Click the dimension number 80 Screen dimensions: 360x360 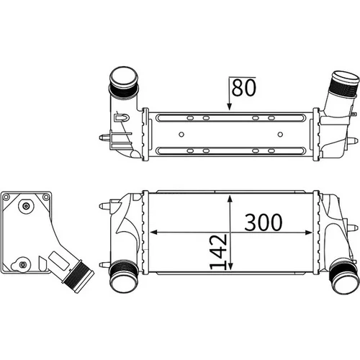(243, 87)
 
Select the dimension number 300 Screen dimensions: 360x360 (264, 222)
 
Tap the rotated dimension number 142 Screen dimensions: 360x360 (218, 252)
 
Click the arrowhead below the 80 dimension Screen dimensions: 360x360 (230, 106)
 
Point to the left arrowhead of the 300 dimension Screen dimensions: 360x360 (154, 233)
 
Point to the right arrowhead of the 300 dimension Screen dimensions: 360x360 (308, 233)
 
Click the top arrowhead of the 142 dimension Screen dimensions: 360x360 (230, 199)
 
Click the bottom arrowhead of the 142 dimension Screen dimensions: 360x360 (230, 266)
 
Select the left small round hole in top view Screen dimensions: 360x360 (181, 135)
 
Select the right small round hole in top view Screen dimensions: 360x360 (280, 135)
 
